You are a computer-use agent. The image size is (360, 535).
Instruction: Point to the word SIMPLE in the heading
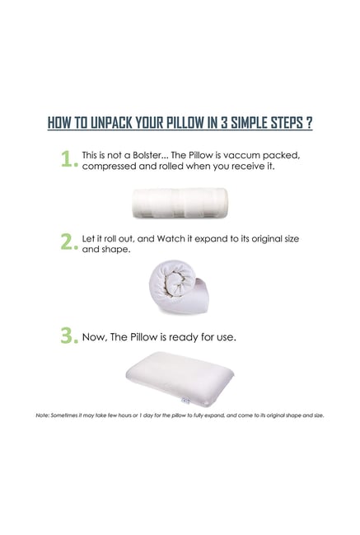coord(250,122)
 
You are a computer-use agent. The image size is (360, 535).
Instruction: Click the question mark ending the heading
coord(308,122)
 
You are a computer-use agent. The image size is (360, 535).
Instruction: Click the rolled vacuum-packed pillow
coord(180,203)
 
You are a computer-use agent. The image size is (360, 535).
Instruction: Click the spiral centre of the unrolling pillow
coord(175,282)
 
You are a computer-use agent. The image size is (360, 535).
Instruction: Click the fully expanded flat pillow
coord(180,378)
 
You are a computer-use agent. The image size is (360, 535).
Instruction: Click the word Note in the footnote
coord(42,415)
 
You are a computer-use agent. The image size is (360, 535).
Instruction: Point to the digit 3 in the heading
coord(223,122)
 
